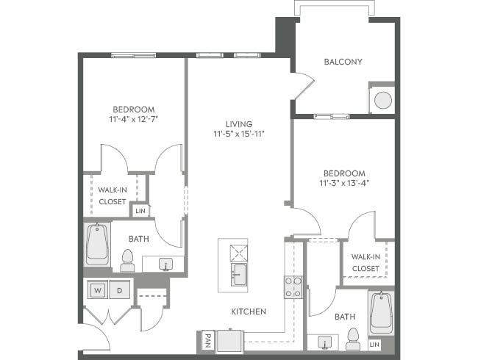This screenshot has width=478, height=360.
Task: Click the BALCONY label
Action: (343, 62)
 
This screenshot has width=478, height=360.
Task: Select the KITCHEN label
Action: (249, 312)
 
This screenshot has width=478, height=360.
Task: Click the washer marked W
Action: (97, 290)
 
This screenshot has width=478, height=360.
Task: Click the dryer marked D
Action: (120, 290)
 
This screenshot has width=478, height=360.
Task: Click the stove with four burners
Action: (293, 287)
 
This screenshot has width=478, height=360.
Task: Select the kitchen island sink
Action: (239, 275)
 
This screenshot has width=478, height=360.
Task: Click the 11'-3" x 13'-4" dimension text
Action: (344, 184)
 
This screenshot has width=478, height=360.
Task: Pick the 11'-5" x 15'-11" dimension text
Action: (239, 134)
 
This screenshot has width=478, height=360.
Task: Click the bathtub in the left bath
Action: (97, 245)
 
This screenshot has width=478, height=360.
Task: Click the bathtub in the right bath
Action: (381, 312)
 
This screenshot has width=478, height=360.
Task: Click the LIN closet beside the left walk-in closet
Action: (140, 211)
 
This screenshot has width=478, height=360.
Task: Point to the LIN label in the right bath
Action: (374, 344)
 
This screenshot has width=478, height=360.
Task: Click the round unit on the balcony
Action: (382, 101)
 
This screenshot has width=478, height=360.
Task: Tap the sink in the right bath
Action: (324, 342)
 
